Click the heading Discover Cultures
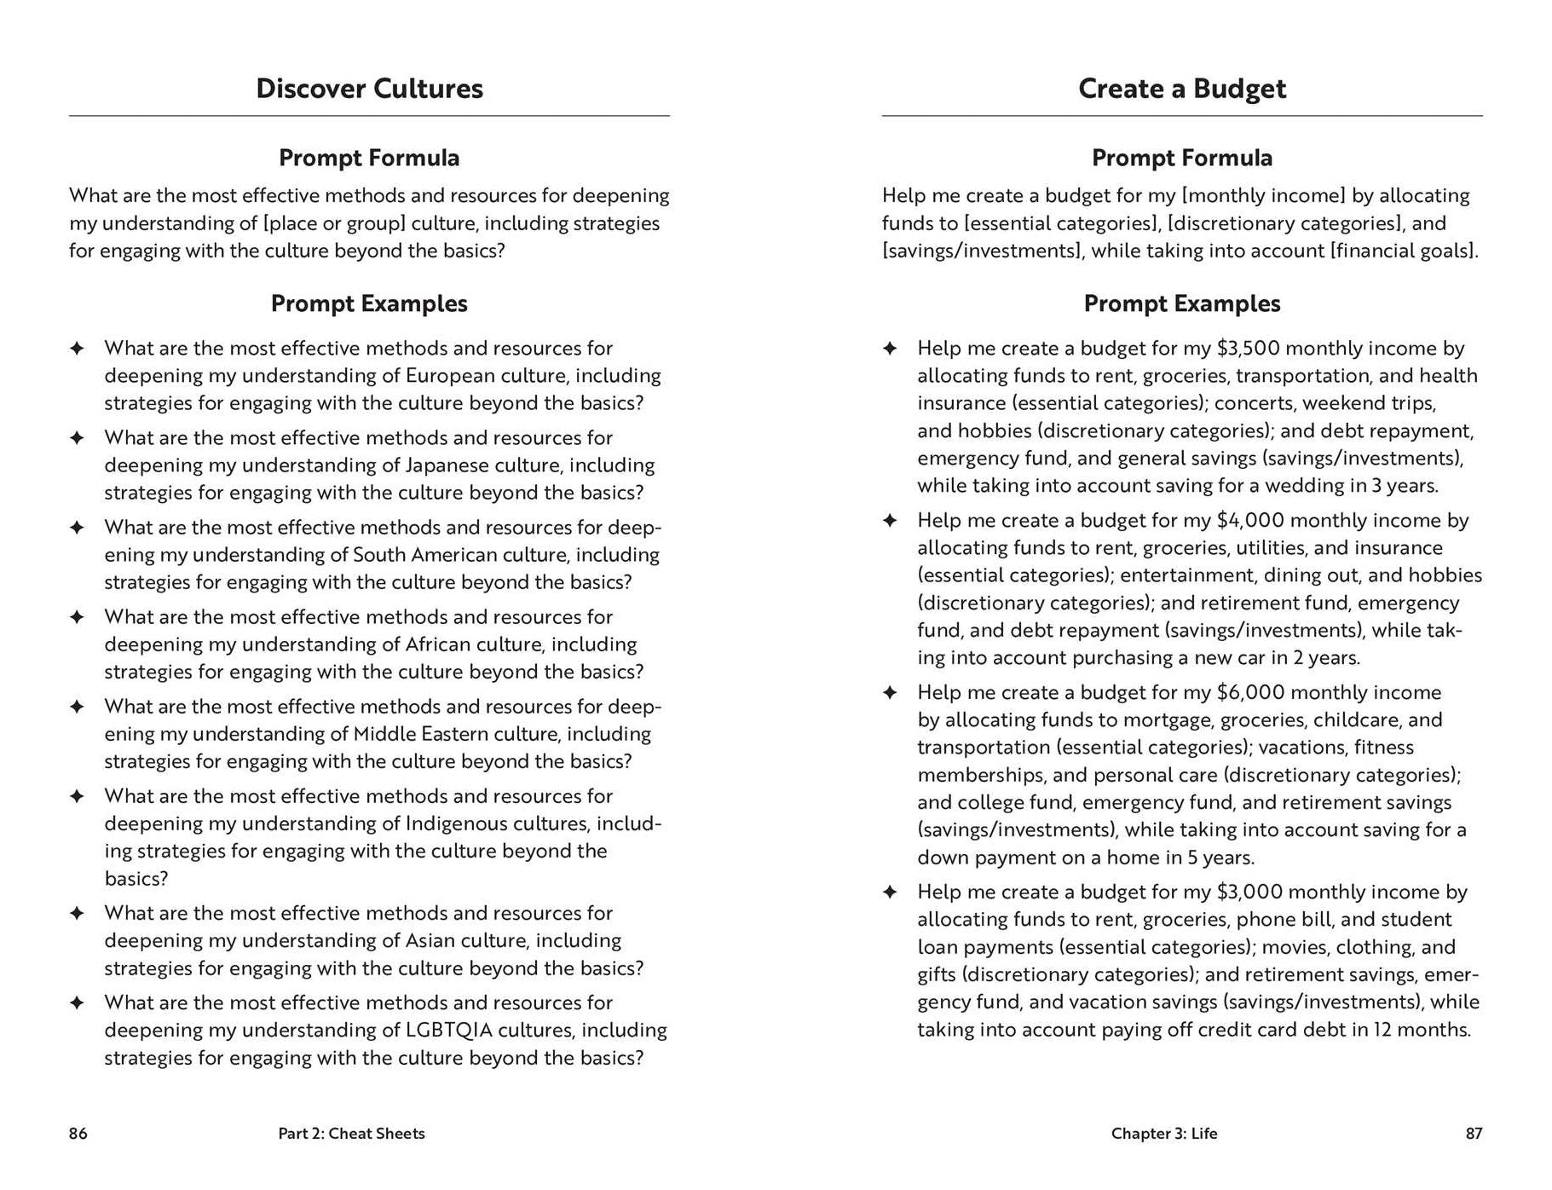click(369, 89)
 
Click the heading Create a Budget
click(1181, 89)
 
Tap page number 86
click(78, 1133)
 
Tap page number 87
click(1474, 1133)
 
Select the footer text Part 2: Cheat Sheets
click(351, 1133)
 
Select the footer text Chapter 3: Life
click(1163, 1133)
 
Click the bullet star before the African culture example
click(77, 616)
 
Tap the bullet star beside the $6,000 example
click(890, 692)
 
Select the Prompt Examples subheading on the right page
click(1181, 303)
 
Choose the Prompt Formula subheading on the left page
click(369, 158)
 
